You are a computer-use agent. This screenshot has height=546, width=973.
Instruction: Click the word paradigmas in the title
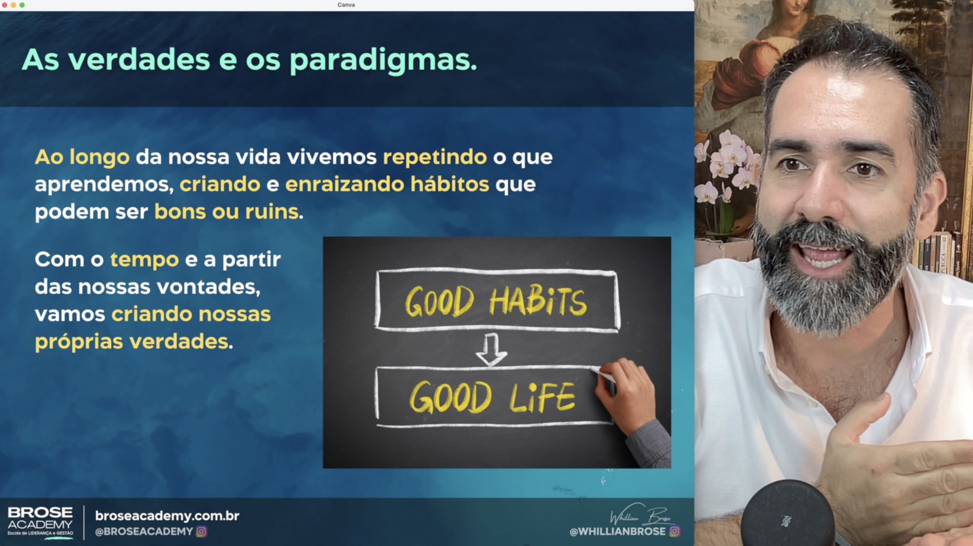(x=383, y=61)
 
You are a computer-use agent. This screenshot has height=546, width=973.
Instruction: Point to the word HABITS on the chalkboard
(x=537, y=302)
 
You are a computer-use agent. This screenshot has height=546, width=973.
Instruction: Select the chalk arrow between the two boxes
(x=491, y=350)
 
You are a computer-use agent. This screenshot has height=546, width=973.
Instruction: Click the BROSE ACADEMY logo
(x=40, y=522)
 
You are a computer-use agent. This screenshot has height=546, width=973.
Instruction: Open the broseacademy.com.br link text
(x=167, y=516)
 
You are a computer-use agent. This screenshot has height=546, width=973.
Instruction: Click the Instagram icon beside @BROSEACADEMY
(x=201, y=531)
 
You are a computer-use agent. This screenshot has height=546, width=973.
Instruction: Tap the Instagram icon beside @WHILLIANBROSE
(x=675, y=531)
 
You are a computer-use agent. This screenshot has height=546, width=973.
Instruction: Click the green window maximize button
(x=22, y=5)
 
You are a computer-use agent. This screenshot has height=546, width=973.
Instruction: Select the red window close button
(x=5, y=5)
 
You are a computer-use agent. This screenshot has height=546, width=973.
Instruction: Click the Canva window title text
(x=346, y=5)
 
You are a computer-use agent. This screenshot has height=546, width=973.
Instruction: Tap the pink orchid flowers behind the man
(x=726, y=163)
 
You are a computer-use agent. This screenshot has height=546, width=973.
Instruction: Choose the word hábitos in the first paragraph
(x=450, y=184)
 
